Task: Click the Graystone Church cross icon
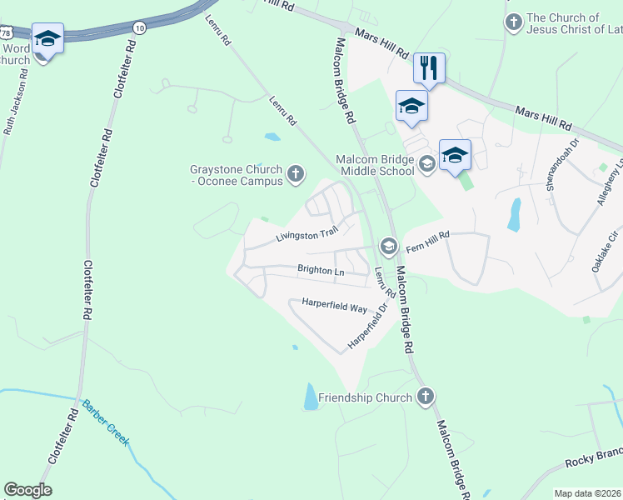tap(295, 174)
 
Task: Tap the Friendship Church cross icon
tap(425, 397)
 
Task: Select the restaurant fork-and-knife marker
tap(429, 68)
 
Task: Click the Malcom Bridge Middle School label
tap(374, 165)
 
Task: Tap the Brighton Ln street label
tap(321, 271)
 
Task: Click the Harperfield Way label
tap(334, 306)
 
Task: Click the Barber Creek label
tap(105, 423)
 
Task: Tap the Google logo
tap(27, 490)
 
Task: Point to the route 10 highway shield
tap(139, 28)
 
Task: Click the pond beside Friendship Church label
tap(311, 397)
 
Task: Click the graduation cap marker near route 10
tap(47, 39)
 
